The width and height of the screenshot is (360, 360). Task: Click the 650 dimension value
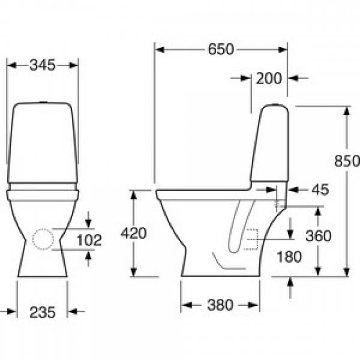tap(221, 49)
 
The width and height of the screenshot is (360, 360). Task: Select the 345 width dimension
tap(43, 65)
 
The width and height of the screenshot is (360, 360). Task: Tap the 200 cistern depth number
tap(269, 78)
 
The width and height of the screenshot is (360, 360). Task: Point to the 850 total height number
tap(347, 161)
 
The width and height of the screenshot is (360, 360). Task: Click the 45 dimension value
tap(320, 190)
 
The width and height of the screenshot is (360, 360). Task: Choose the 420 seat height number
tap(134, 233)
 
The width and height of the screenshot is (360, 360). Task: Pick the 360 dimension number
tap(319, 236)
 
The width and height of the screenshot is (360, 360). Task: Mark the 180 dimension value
tap(289, 257)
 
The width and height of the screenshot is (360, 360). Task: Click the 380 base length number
tap(220, 305)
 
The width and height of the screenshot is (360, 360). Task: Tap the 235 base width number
tap(43, 312)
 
